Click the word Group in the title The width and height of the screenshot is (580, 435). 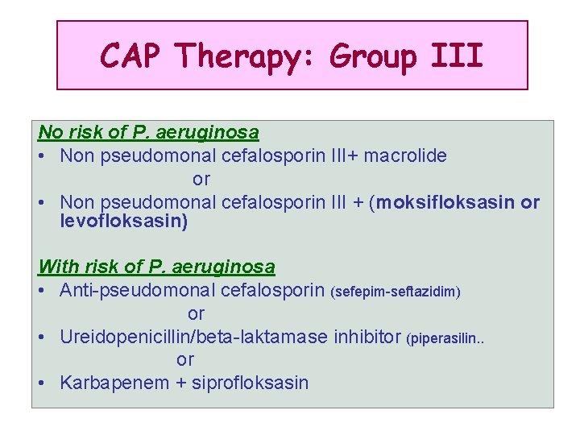point(373,56)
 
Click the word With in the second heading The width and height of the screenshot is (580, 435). point(57,267)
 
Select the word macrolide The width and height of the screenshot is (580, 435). point(405,155)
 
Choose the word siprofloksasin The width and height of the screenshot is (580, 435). point(254,383)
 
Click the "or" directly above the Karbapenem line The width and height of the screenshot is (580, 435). point(185,359)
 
